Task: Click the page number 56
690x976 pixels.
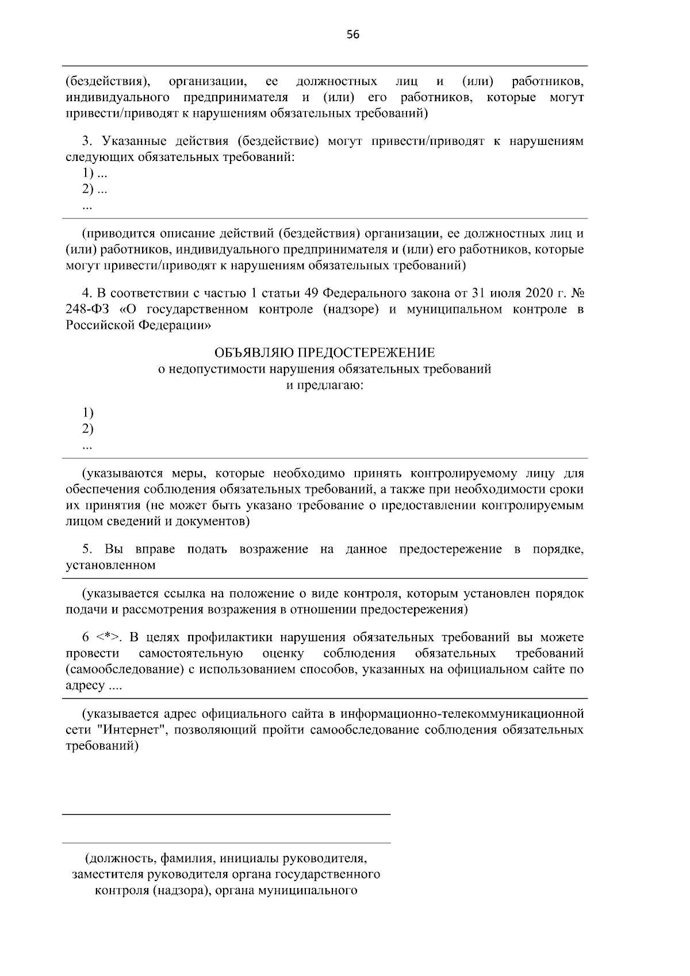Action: point(353,35)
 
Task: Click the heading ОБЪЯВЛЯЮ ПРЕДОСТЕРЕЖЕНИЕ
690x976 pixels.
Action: point(324,352)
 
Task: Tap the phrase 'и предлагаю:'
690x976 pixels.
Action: point(324,385)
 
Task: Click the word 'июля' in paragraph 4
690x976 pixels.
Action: point(507,293)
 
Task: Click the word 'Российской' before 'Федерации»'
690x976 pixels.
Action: point(99,326)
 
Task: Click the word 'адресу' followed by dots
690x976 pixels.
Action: point(85,686)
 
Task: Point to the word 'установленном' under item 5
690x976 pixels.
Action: point(110,565)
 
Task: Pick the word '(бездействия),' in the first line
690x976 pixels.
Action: point(108,81)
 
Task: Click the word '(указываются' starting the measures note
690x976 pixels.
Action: point(122,473)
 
